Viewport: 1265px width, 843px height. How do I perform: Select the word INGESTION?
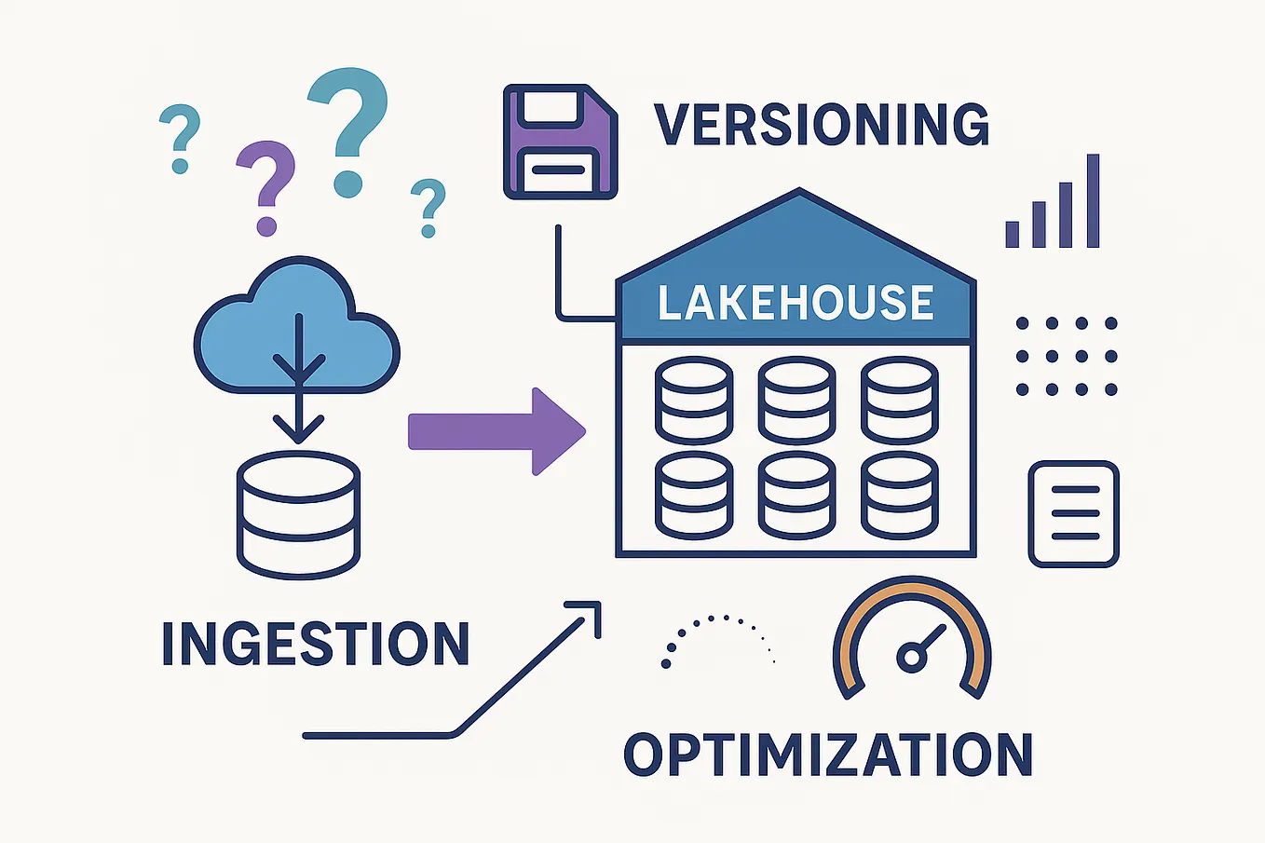[x=316, y=643]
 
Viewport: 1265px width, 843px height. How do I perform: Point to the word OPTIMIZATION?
[x=828, y=755]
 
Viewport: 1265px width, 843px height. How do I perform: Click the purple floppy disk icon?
[x=560, y=142]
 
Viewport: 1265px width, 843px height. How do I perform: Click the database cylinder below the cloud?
[x=298, y=515]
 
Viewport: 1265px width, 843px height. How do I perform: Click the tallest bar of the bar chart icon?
[x=1093, y=201]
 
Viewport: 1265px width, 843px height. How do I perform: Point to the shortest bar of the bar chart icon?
[x=1013, y=233]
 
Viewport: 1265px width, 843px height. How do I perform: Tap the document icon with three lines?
[x=1073, y=513]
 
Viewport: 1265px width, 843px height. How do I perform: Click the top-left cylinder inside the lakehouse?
[x=694, y=401]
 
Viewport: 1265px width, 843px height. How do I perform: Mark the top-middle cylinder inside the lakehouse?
[x=796, y=401]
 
